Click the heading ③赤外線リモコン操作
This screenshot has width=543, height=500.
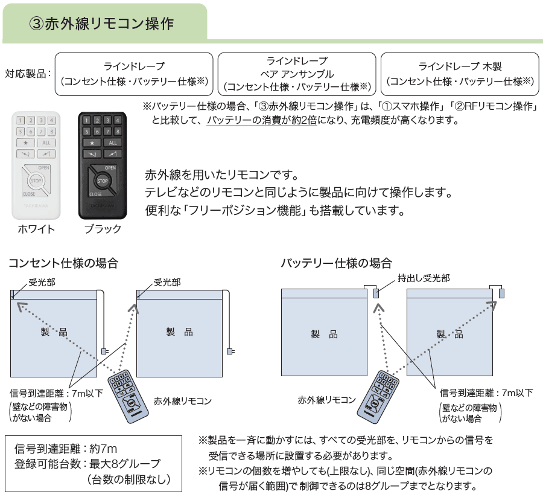tap(101, 24)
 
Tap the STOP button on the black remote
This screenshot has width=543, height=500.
tap(103, 181)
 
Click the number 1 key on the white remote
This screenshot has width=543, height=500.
tap(21, 120)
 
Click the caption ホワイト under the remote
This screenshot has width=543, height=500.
tap(36, 229)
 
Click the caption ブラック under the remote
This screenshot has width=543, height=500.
tap(103, 229)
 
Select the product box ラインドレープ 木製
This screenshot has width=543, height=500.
tap(460, 74)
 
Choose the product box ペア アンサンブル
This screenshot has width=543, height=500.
tap(296, 74)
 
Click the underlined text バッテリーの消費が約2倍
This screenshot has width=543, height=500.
tap(262, 120)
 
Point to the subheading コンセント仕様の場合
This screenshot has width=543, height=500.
tap(63, 263)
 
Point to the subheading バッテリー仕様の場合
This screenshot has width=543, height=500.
tap(336, 263)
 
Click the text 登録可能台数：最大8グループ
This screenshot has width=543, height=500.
tap(87, 464)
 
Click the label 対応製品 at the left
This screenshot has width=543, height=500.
tap(27, 74)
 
